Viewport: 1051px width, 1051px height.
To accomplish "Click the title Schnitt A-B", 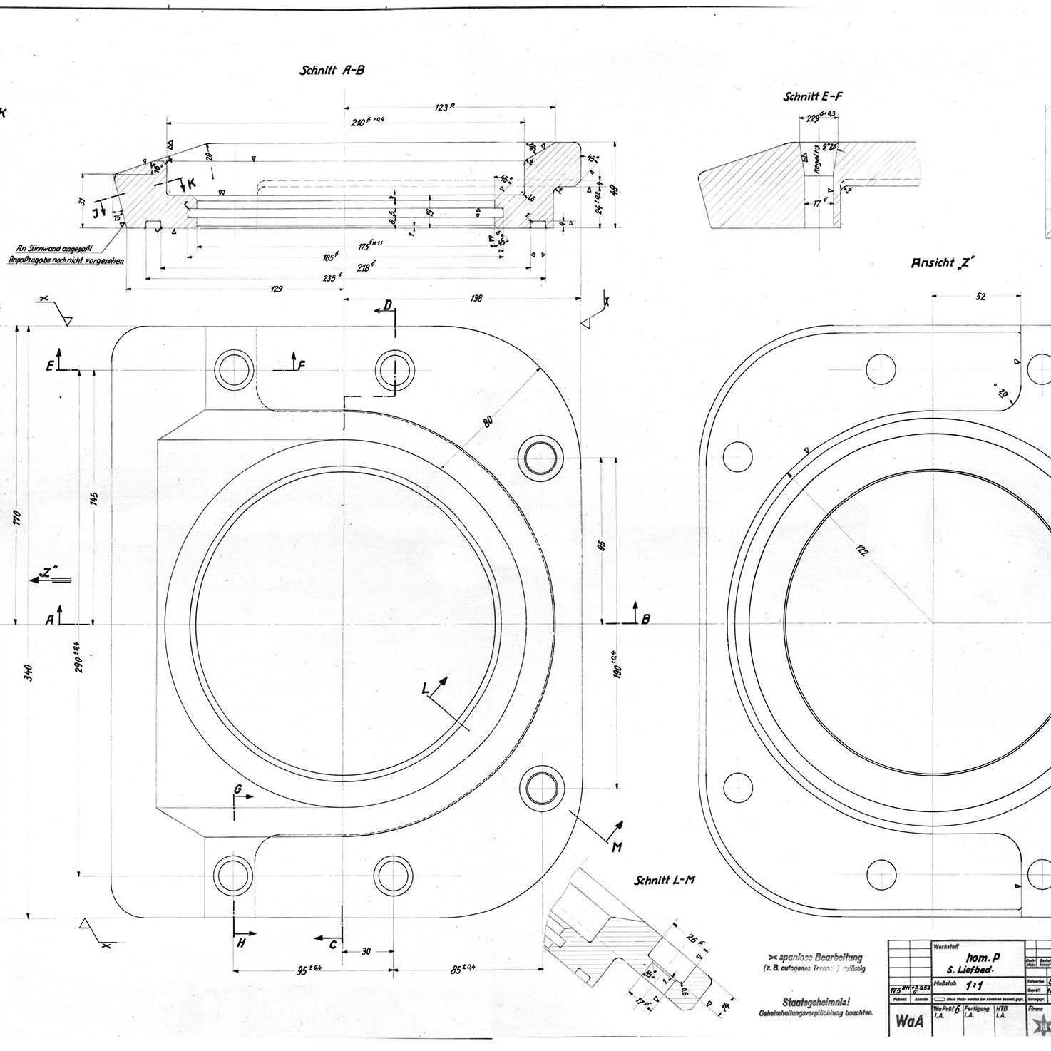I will coord(332,70).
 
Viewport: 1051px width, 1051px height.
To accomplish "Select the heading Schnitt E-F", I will coord(813,96).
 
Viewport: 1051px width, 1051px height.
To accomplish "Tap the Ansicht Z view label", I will coord(943,263).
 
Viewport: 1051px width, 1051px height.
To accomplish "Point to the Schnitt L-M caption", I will coord(665,880).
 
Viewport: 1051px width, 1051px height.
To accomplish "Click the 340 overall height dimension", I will coord(29,672).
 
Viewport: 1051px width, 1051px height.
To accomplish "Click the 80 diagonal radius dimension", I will coord(488,421).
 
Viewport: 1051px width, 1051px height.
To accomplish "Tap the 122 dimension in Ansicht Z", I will coord(862,550).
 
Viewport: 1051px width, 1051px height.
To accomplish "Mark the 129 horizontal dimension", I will coord(277,289).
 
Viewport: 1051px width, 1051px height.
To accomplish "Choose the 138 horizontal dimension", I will coord(476,298).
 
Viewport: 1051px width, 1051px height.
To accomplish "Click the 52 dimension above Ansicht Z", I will coord(980,297).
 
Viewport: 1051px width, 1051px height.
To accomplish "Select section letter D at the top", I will coord(387,306).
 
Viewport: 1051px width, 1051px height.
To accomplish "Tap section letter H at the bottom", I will coord(241,943).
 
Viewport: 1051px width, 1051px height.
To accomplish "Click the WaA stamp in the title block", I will coord(908,1022).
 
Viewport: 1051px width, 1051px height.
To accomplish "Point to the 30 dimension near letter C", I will coord(366,951).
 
